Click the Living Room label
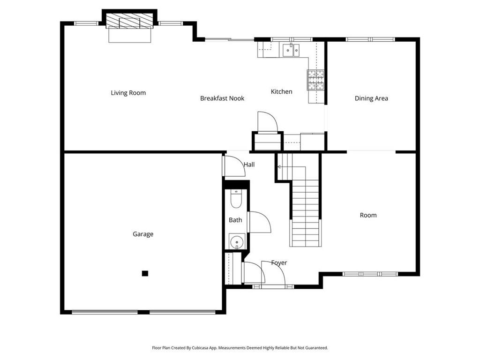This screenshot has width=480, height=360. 128,93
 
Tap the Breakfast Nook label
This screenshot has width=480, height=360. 222,98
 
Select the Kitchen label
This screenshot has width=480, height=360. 282,91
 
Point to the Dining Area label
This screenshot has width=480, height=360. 371,98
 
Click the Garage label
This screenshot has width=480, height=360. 143,234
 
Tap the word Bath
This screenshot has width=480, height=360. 235,220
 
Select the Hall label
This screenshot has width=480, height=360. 249,165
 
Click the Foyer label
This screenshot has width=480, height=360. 279,262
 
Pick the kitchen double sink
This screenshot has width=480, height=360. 291,50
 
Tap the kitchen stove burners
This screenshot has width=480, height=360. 315,80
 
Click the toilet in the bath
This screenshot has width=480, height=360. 236,199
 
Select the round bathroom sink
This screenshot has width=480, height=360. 237,242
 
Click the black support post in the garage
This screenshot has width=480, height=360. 145,273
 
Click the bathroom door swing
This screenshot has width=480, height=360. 260,222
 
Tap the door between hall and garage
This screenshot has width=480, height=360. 234,166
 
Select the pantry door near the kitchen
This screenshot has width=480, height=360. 268,122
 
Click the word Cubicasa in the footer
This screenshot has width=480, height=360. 201,348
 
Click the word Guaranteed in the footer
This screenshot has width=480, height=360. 318,348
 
